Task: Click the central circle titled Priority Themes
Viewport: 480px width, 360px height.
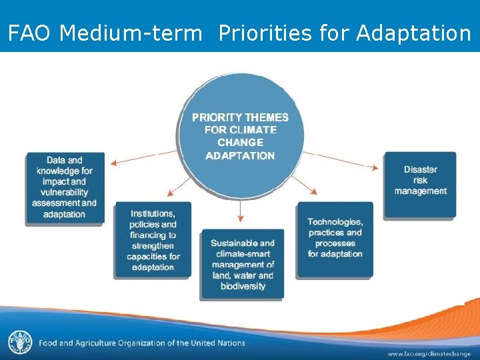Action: click(x=240, y=136)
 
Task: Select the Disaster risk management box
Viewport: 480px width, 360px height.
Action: click(x=420, y=183)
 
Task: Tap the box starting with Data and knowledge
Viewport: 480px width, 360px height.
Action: click(x=65, y=187)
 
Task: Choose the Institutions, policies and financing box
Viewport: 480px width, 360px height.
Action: click(x=153, y=240)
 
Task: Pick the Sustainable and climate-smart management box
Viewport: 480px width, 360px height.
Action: click(x=241, y=264)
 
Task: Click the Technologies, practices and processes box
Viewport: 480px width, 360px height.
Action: click(x=335, y=239)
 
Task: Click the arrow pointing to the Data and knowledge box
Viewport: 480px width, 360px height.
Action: click(x=143, y=157)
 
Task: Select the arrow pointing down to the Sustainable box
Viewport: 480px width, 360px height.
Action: click(x=241, y=210)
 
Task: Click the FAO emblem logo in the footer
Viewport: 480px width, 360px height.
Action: click(x=19, y=343)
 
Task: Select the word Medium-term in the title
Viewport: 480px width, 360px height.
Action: click(x=131, y=33)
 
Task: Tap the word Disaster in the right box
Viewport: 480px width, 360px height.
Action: click(x=420, y=169)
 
